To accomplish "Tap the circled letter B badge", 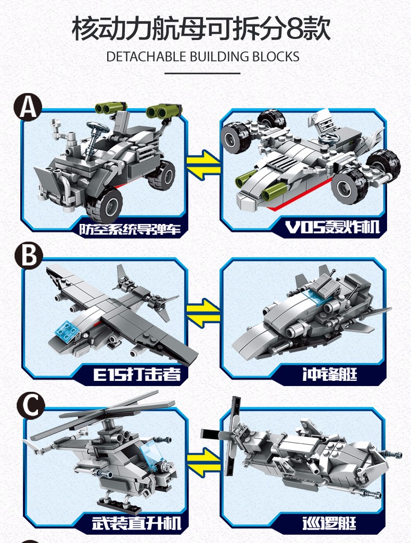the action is click(29, 256).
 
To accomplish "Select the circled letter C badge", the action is click(31, 405).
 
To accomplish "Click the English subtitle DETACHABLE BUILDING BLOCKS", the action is click(203, 57).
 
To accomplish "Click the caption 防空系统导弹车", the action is click(130, 229).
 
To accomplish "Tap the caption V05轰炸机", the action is click(332, 227).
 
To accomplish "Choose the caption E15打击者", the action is click(137, 374).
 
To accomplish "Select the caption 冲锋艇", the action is click(329, 374).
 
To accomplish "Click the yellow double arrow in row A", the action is click(203, 165).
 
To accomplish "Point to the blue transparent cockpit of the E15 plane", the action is click(68, 330).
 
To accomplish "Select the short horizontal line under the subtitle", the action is click(202, 73).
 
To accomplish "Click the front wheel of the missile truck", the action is click(105, 205).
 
